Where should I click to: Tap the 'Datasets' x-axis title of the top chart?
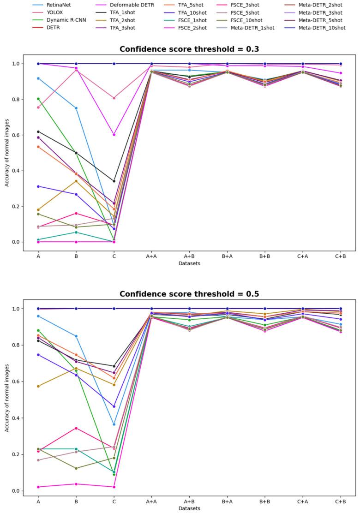189,263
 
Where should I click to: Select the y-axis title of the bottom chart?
7,397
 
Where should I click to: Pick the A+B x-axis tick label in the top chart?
189,256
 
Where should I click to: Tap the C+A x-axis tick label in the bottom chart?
302,501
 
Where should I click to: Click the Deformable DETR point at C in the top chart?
114,135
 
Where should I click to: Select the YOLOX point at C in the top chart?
114,98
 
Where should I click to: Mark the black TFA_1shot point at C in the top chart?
114,181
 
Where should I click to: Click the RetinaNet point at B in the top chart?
76,108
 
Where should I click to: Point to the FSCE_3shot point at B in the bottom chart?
76,428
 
